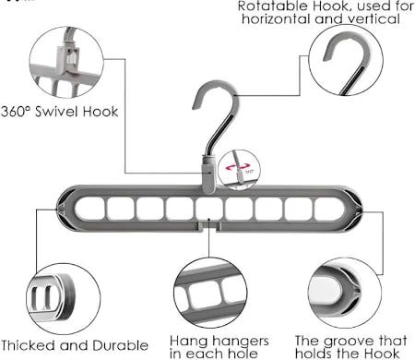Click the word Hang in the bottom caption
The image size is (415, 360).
pos(188,340)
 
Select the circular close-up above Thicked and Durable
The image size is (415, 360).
pos(63,298)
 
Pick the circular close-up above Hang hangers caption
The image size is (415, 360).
pos(210,294)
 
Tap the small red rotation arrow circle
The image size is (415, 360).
pos(242,172)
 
